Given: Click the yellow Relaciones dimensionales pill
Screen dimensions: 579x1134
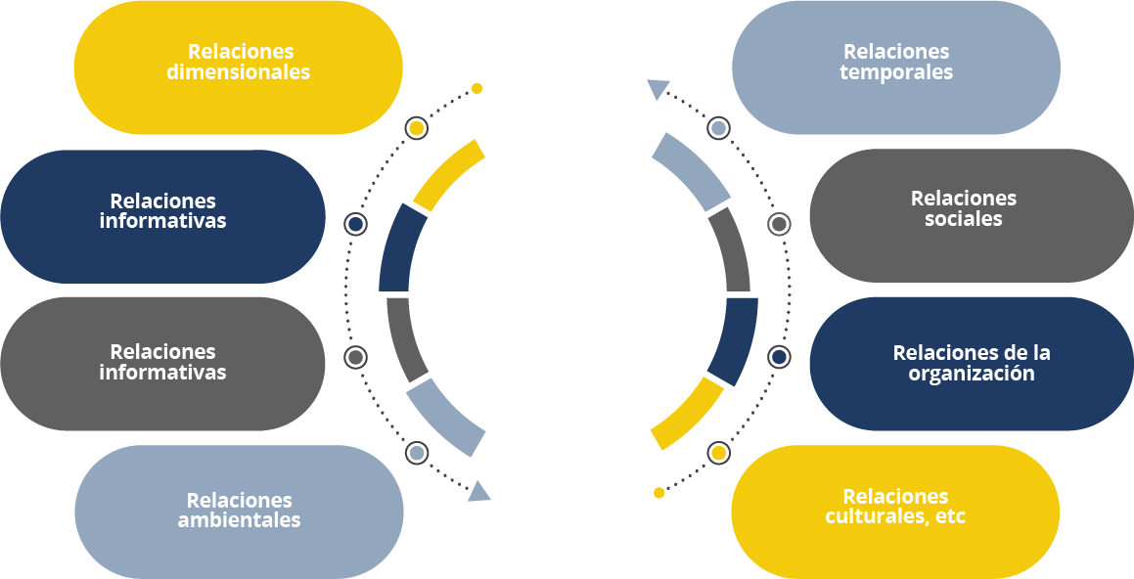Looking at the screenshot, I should (x=238, y=67).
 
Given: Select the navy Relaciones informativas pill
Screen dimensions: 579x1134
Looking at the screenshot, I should (x=162, y=216).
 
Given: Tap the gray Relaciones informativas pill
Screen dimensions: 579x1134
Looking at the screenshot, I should (x=162, y=364).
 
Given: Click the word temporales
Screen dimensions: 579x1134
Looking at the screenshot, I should (x=896, y=73).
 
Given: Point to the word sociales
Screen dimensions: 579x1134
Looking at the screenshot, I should (x=964, y=220).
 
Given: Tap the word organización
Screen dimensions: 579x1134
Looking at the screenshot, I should (x=972, y=374).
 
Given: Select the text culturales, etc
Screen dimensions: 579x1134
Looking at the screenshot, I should (x=895, y=516).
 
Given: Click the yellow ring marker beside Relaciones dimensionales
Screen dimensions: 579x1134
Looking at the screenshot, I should (x=416, y=129).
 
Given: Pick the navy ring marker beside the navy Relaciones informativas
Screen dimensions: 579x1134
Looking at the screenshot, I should (x=356, y=225).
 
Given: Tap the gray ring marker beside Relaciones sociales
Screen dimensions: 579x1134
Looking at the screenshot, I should (x=779, y=225).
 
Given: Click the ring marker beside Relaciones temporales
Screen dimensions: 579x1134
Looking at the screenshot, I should (x=718, y=128).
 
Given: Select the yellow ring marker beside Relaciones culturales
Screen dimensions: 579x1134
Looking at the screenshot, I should (x=718, y=453).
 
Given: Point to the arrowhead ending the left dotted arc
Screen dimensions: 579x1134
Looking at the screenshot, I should (x=478, y=490).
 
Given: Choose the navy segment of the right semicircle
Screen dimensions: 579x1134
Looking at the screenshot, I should (x=733, y=340).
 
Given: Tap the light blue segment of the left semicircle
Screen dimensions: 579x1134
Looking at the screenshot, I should (x=445, y=416).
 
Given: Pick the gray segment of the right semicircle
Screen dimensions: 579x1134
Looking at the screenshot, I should (x=729, y=249).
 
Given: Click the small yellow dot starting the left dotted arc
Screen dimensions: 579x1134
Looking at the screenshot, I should (x=476, y=88).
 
